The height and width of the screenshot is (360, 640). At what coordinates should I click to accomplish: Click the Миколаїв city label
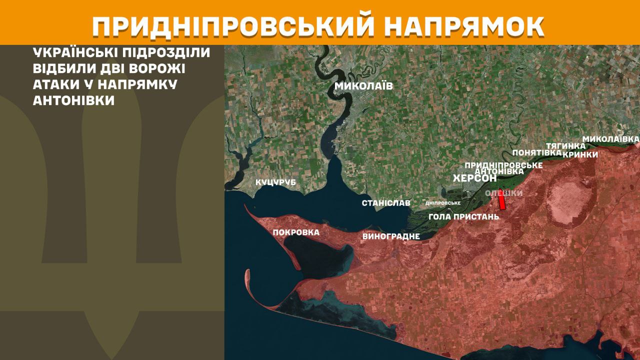[363, 86]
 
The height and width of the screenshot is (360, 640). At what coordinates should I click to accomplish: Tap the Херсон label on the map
[474, 178]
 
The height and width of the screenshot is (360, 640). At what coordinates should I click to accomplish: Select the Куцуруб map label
[276, 182]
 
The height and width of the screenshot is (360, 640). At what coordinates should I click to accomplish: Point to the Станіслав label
[386, 203]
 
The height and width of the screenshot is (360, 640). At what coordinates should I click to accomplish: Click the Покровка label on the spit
[296, 232]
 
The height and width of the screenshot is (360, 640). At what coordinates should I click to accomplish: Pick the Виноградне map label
[390, 236]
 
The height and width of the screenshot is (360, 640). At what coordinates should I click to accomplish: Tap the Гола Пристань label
[464, 216]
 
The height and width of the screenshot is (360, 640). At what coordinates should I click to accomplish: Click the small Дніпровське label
[442, 203]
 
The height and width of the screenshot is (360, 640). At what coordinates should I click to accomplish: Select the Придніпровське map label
[503, 165]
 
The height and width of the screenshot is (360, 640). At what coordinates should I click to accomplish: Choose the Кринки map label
[580, 154]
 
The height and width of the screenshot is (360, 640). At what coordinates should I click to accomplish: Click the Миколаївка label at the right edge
[611, 138]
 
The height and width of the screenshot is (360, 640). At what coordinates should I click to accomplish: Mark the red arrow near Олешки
[501, 201]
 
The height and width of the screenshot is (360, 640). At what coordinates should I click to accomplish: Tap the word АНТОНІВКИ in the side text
[73, 100]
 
